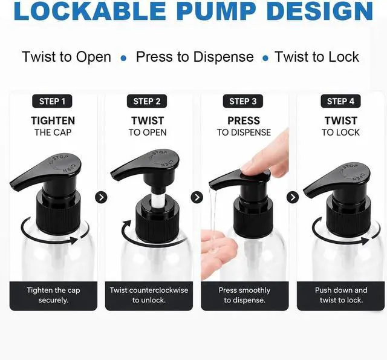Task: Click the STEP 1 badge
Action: pos(52,101)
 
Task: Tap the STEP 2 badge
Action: pos(147,101)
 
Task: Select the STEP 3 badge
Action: pos(243,101)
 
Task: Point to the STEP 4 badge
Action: pos(340,101)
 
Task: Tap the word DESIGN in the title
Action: pos(320,11)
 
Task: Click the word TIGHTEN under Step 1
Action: pos(53,121)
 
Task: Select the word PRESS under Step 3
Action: pos(244,121)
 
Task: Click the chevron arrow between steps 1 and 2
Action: pos(101,197)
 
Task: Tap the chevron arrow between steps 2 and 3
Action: pos(197,197)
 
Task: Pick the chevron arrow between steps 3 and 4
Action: pos(293,197)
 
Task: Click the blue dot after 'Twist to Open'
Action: pos(123,59)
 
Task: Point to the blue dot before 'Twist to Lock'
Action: pos(265,59)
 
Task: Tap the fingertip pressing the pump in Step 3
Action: pos(250,168)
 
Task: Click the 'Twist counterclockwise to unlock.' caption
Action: pos(149,295)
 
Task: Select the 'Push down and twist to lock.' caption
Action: pos(341,295)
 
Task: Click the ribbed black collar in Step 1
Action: pos(59,212)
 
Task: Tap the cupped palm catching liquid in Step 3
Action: pos(217,249)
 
